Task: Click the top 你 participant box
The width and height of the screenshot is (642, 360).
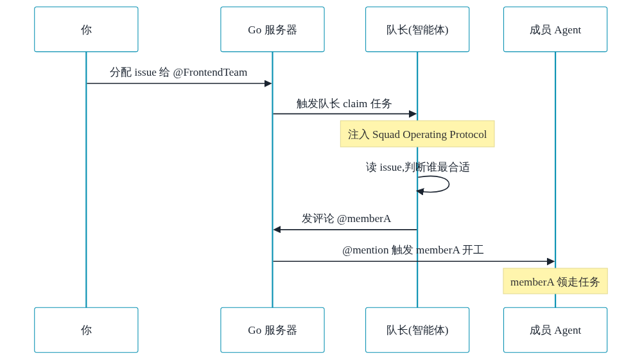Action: [x=86, y=30]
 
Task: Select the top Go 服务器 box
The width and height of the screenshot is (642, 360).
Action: [x=272, y=30]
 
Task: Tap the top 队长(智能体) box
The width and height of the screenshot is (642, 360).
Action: [x=417, y=30]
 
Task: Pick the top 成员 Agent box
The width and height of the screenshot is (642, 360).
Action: [x=555, y=30]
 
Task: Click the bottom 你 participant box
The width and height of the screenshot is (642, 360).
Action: [x=86, y=330]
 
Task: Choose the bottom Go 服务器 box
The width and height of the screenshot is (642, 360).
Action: [x=272, y=330]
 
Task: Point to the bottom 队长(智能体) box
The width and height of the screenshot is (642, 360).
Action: [x=417, y=330]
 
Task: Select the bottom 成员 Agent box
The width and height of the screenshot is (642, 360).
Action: [x=555, y=330]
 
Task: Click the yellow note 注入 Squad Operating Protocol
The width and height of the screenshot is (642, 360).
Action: [x=417, y=133]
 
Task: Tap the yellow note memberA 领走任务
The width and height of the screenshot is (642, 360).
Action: [x=555, y=281]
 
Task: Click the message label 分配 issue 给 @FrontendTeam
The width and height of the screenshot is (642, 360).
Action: [x=178, y=73]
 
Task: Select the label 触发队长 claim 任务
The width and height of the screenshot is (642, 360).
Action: [x=344, y=103]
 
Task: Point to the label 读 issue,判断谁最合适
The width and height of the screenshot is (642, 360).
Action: [x=418, y=167]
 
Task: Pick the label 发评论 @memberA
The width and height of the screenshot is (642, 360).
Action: [x=347, y=218]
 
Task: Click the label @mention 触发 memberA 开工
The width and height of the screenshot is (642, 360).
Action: [x=413, y=250]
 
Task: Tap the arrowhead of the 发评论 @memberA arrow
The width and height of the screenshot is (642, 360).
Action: [x=277, y=230]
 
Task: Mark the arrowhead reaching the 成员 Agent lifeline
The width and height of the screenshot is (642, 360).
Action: [x=551, y=261]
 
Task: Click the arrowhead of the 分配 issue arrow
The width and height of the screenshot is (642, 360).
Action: [x=268, y=83]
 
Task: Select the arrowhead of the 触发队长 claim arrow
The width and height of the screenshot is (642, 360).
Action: [x=413, y=114]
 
